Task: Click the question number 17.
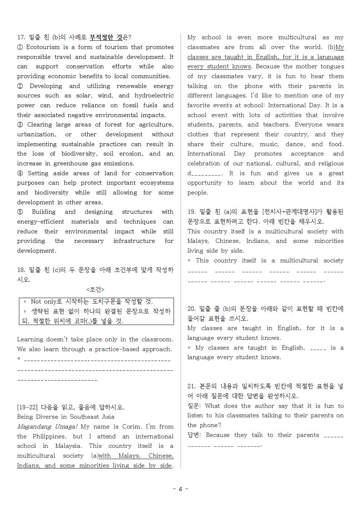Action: (x=21, y=37)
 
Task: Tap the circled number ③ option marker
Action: (x=20, y=125)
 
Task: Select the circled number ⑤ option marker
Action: (x=20, y=212)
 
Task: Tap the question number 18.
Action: (x=21, y=270)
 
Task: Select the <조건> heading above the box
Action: (x=95, y=289)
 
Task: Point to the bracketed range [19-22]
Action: (x=28, y=407)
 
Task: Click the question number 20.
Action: (x=191, y=309)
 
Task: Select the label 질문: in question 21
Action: (x=195, y=406)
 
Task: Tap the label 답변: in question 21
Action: (x=195, y=435)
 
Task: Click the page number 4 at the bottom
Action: (x=180, y=489)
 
